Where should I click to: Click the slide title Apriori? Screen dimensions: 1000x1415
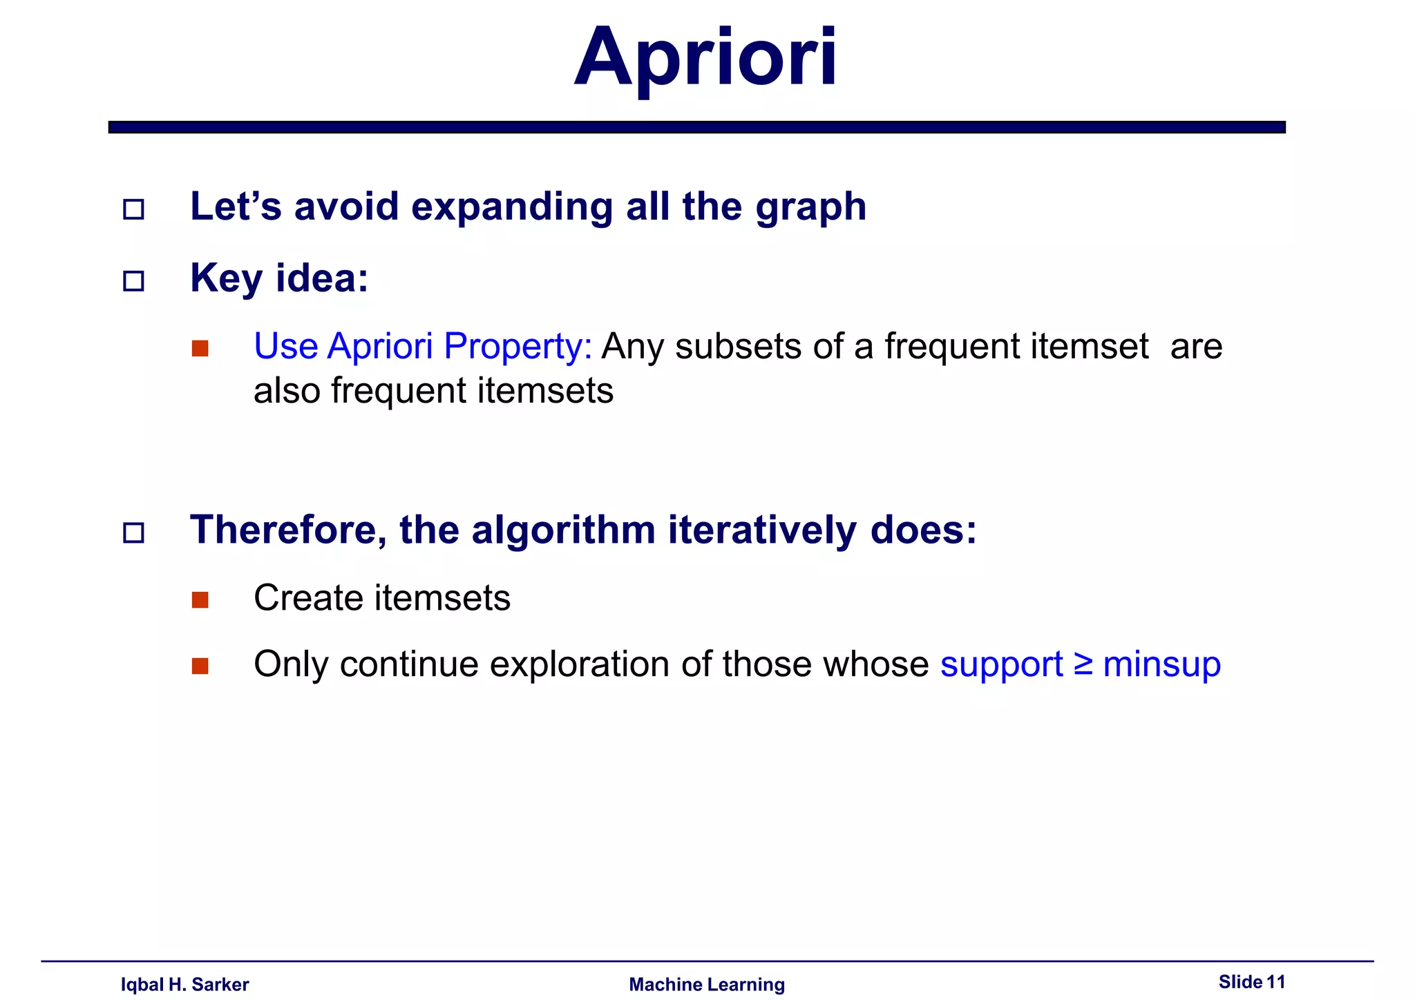[x=705, y=58]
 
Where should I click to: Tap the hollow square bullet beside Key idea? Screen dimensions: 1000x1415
[x=133, y=281]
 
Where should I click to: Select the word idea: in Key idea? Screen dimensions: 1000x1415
[x=322, y=278]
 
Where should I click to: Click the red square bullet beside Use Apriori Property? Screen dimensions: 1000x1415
[x=200, y=348]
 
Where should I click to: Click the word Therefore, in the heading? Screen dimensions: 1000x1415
[x=288, y=530]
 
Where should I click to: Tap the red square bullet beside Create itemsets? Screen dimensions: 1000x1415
[x=200, y=599]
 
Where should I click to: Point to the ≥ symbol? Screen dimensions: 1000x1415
[x=1083, y=664]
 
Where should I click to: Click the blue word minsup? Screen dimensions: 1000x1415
[x=1161, y=664]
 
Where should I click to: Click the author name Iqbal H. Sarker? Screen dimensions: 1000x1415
[x=184, y=984]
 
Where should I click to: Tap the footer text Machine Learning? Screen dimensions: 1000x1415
[x=707, y=984]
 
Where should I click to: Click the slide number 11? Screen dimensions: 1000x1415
[x=1275, y=981]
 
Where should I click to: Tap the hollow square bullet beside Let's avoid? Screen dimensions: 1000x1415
[x=133, y=209]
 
